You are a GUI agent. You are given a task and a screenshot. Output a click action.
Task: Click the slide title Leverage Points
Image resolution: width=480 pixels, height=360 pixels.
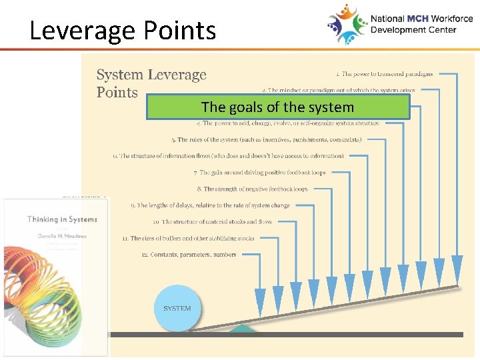pyautogui.click(x=123, y=31)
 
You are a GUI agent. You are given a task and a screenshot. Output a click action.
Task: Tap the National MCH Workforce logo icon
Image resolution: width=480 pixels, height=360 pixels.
pyautogui.click(x=347, y=24)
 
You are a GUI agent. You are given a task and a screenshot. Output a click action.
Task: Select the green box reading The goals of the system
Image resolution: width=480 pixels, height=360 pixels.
pyautogui.click(x=277, y=107)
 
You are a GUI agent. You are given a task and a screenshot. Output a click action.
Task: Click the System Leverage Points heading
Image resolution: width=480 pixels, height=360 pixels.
pyautogui.click(x=151, y=84)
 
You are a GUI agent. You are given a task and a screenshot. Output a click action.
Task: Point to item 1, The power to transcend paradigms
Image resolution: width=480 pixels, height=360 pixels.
pyautogui.click(x=384, y=74)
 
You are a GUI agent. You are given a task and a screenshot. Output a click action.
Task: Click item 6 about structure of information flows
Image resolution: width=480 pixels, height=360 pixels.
pyautogui.click(x=228, y=156)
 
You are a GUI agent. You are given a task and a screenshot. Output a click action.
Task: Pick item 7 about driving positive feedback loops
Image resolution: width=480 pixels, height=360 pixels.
pyautogui.click(x=259, y=173)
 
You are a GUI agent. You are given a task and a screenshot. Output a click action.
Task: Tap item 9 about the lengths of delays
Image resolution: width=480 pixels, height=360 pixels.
pyautogui.click(x=210, y=205)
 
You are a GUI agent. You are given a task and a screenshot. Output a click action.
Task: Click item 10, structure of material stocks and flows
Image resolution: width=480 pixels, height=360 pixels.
pyautogui.click(x=212, y=222)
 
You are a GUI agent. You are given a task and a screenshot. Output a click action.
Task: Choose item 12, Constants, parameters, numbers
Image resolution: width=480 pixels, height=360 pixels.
pyautogui.click(x=189, y=255)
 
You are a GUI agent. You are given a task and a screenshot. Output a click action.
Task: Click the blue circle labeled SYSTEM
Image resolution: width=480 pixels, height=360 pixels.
pyautogui.click(x=177, y=308)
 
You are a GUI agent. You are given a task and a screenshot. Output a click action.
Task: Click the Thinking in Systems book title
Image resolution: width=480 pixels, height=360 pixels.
pyautogui.click(x=62, y=219)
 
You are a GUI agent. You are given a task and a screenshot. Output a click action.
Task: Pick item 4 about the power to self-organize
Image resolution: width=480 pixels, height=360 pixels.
pyautogui.click(x=288, y=123)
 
